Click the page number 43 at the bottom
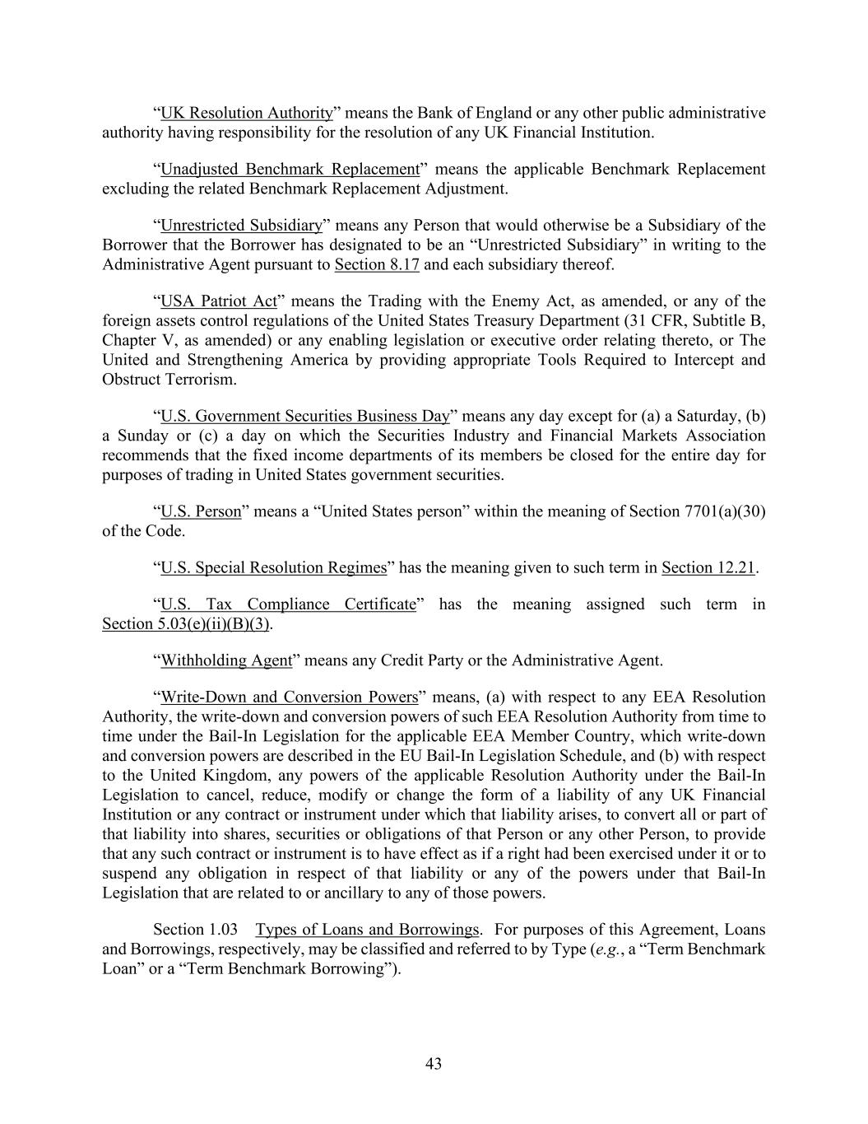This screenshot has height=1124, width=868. pos(434,1064)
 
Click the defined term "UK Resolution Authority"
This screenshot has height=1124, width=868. pos(246,113)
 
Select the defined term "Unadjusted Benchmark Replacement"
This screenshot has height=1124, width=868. pos(290,169)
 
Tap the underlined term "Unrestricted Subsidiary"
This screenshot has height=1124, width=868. pos(241,225)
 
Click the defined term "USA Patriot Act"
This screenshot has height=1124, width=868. pos(219,301)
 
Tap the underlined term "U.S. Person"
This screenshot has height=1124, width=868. pos(201,511)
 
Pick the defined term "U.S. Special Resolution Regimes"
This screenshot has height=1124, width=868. pos(273,567)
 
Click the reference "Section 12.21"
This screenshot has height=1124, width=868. pos(708,567)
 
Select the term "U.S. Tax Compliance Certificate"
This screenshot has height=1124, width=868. pos(288,604)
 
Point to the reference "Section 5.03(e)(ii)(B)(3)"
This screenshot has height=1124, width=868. pos(186,624)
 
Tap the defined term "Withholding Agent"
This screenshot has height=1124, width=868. pos(226,660)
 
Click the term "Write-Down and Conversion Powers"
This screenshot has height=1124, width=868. pos(290,697)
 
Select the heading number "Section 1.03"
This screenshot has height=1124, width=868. pos(196,930)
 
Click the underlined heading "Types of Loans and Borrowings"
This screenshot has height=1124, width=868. pos(367,930)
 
